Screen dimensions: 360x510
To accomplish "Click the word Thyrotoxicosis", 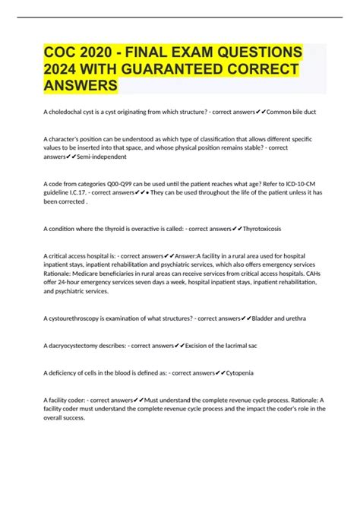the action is click(267, 228).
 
